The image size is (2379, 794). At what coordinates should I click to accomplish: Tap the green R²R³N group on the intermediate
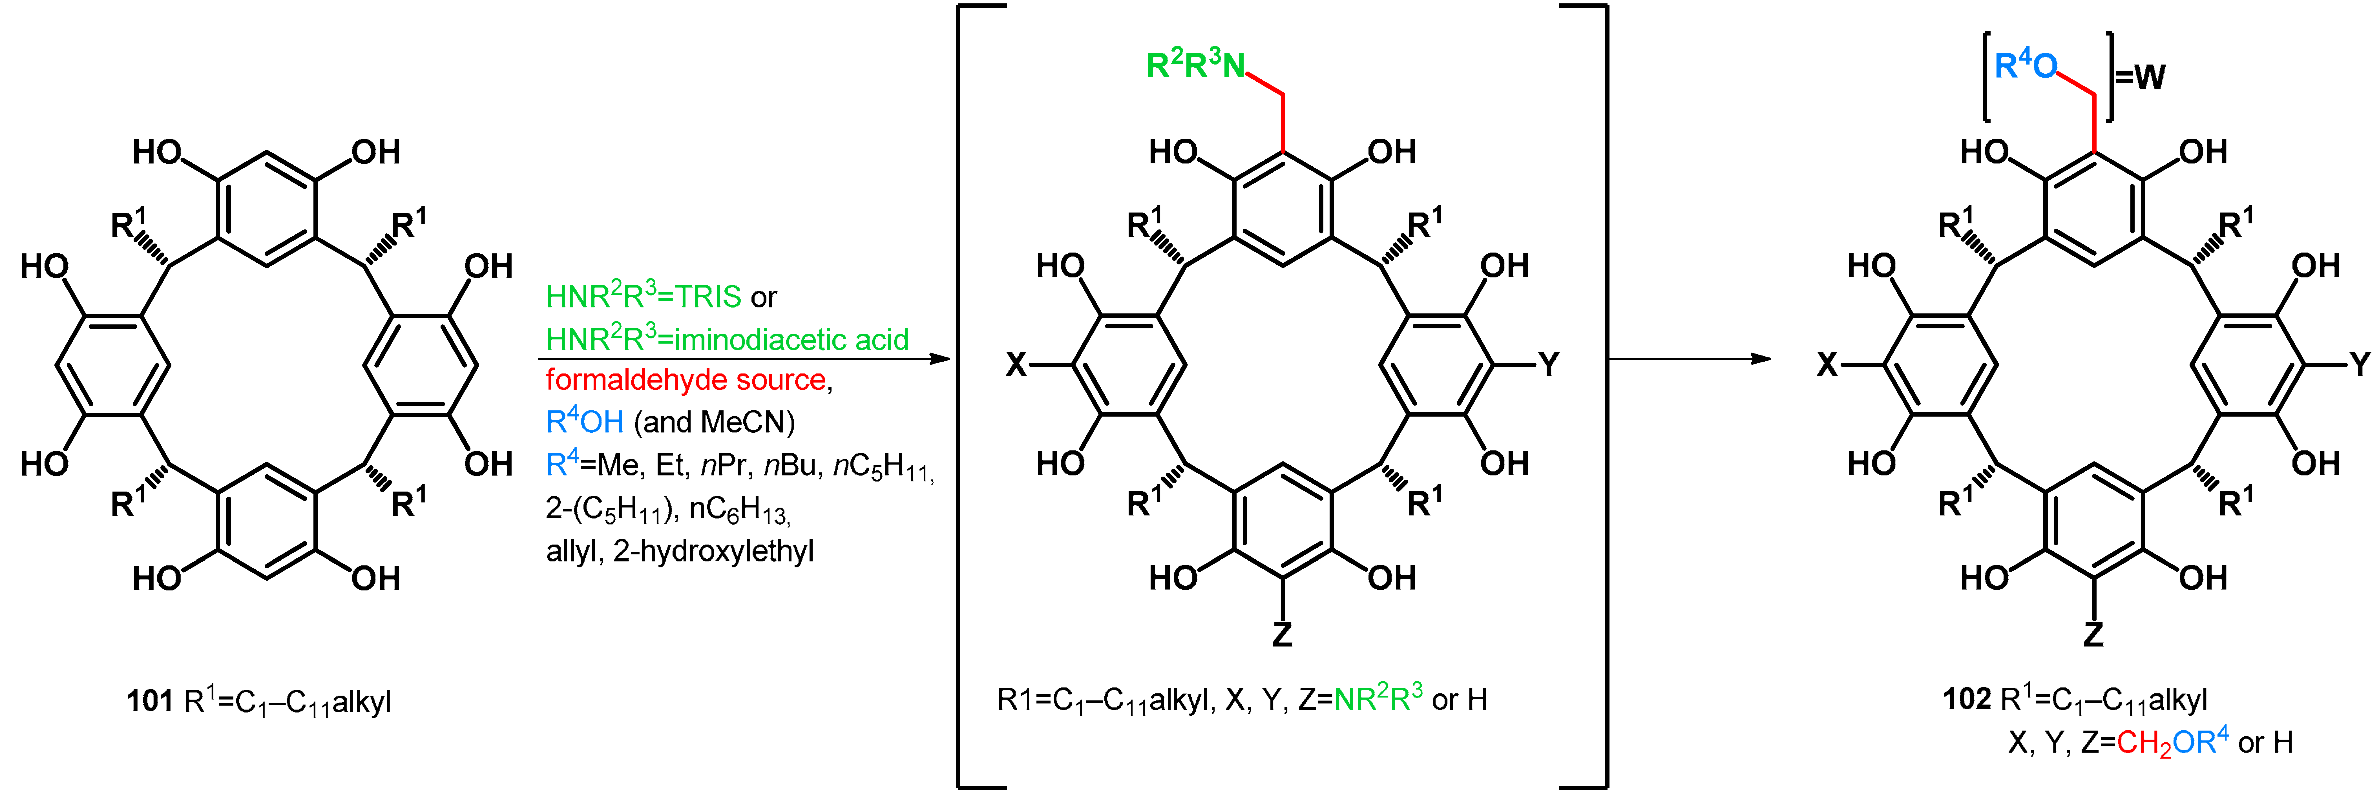coord(1195,66)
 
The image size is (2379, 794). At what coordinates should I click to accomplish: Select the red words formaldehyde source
coord(686,379)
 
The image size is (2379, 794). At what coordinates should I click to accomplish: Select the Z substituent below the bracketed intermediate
coord(1282,634)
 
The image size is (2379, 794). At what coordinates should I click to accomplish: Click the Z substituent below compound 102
coord(2093,634)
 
